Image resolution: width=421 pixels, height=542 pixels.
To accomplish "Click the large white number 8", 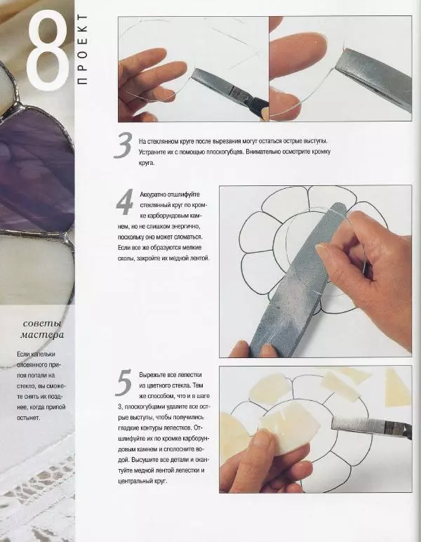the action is point(48,49).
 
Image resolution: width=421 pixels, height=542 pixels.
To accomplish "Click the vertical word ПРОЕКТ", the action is point(83,49).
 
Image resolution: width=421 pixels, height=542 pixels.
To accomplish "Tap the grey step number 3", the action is point(123,146).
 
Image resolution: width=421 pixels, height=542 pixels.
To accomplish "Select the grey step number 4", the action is point(125,202).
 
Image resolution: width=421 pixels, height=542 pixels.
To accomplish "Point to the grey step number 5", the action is point(123,383).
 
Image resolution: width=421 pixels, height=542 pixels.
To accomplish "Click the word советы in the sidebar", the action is point(42,324).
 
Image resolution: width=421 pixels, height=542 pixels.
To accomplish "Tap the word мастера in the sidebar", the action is point(42,335).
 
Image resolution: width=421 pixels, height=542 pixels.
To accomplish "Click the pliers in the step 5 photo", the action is point(372,428).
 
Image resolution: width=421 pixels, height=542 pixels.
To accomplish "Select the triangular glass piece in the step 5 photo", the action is point(397,388).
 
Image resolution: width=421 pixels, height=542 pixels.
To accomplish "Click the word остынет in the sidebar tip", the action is point(29,418).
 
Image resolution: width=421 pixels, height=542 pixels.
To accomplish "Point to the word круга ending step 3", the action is point(147,163).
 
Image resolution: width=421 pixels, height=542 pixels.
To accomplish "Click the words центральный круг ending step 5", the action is point(142,481).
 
